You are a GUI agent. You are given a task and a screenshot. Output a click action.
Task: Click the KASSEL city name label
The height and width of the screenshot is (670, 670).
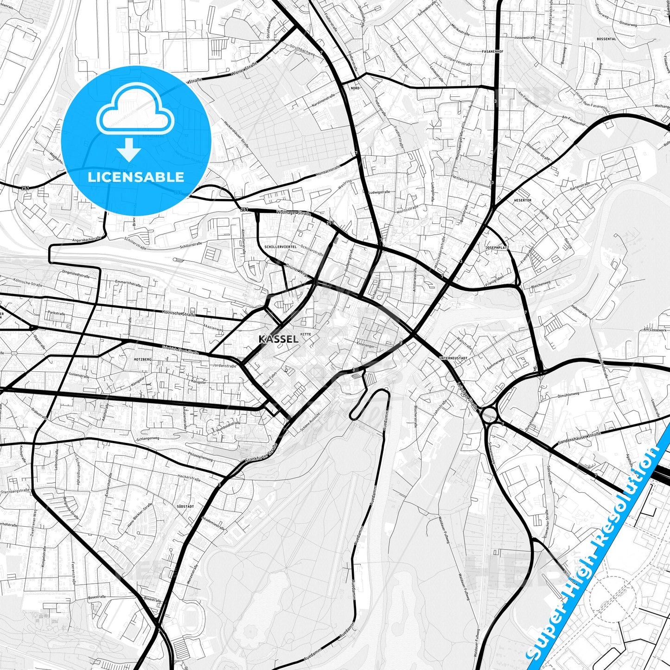tap(279, 339)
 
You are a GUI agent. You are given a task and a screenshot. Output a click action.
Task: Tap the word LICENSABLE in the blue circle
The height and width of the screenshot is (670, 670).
tap(136, 177)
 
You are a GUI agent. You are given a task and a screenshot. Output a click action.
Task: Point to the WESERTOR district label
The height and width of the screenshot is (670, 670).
tap(523, 200)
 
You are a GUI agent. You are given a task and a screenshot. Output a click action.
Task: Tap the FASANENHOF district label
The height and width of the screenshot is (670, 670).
tap(492, 51)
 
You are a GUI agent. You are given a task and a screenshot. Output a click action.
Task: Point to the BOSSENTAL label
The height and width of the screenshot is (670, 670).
tap(607, 39)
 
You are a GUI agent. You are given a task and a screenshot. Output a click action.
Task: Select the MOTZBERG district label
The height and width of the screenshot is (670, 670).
tap(142, 359)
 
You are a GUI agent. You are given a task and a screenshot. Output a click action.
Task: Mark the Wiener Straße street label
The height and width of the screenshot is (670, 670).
tap(244, 70)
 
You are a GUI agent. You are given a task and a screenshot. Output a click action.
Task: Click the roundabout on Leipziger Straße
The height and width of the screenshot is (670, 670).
tap(489, 414)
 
